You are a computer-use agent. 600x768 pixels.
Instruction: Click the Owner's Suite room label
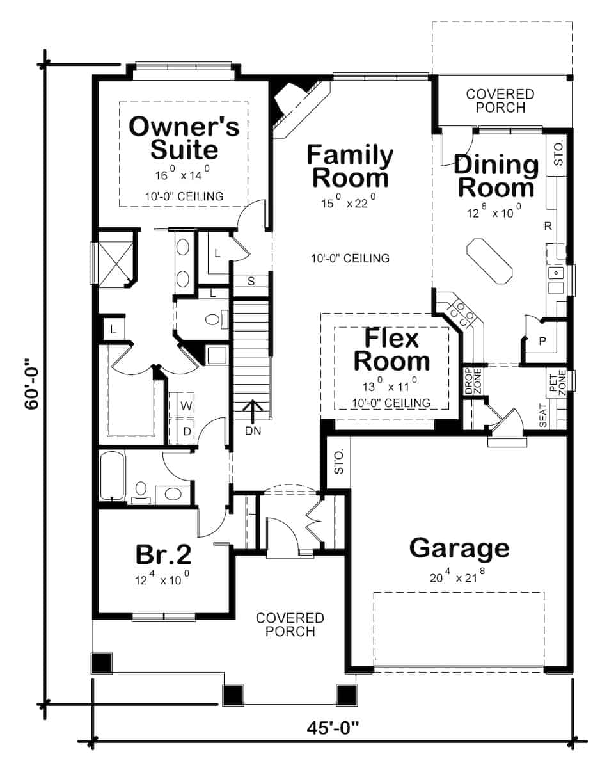184,138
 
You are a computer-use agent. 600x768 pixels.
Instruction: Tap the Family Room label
350,166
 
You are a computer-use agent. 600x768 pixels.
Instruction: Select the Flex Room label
391,350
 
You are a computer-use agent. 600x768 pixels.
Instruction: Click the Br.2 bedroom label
164,554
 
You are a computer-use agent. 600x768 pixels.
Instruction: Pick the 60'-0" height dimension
32,384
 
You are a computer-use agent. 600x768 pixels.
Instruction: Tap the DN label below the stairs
253,431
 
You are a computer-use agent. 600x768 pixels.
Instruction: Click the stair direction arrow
253,412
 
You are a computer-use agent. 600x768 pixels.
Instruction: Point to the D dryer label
187,431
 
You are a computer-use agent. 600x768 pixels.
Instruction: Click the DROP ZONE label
473,381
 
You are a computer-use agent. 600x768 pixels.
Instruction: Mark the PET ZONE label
557,382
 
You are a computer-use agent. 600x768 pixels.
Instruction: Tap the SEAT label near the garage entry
543,415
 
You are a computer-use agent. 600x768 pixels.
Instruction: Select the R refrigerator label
548,226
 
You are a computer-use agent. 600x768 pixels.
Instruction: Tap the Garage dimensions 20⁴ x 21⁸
457,577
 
